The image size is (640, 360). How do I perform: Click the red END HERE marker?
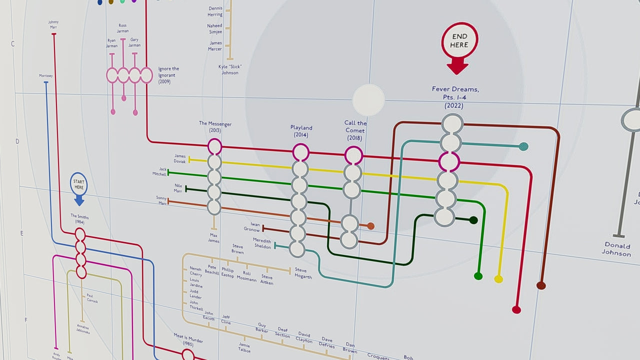[x=459, y=41]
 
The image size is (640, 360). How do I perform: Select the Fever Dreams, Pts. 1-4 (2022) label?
[x=455, y=97]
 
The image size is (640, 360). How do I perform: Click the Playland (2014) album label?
[x=301, y=131]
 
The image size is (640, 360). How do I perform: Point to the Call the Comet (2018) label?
[x=355, y=130]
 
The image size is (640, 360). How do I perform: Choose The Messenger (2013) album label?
[x=215, y=126]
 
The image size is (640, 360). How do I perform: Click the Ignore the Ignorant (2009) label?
[x=168, y=75]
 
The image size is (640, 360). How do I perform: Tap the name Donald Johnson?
[x=617, y=249]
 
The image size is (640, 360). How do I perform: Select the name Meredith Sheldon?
[x=262, y=243]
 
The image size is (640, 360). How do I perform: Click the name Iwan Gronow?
[x=252, y=227]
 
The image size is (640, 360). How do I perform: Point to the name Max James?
[x=213, y=238]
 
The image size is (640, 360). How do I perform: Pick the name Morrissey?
[x=45, y=76]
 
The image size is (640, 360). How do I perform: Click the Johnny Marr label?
[x=53, y=24]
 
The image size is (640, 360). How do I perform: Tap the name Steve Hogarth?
[x=303, y=273]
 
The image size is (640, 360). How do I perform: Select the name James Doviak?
[x=180, y=158]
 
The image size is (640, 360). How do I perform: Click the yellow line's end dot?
[x=498, y=279]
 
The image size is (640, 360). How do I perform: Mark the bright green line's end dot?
[x=478, y=276]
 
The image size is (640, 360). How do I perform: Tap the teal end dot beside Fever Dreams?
[x=523, y=146]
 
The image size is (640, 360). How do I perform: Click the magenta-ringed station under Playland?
[x=300, y=152]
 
